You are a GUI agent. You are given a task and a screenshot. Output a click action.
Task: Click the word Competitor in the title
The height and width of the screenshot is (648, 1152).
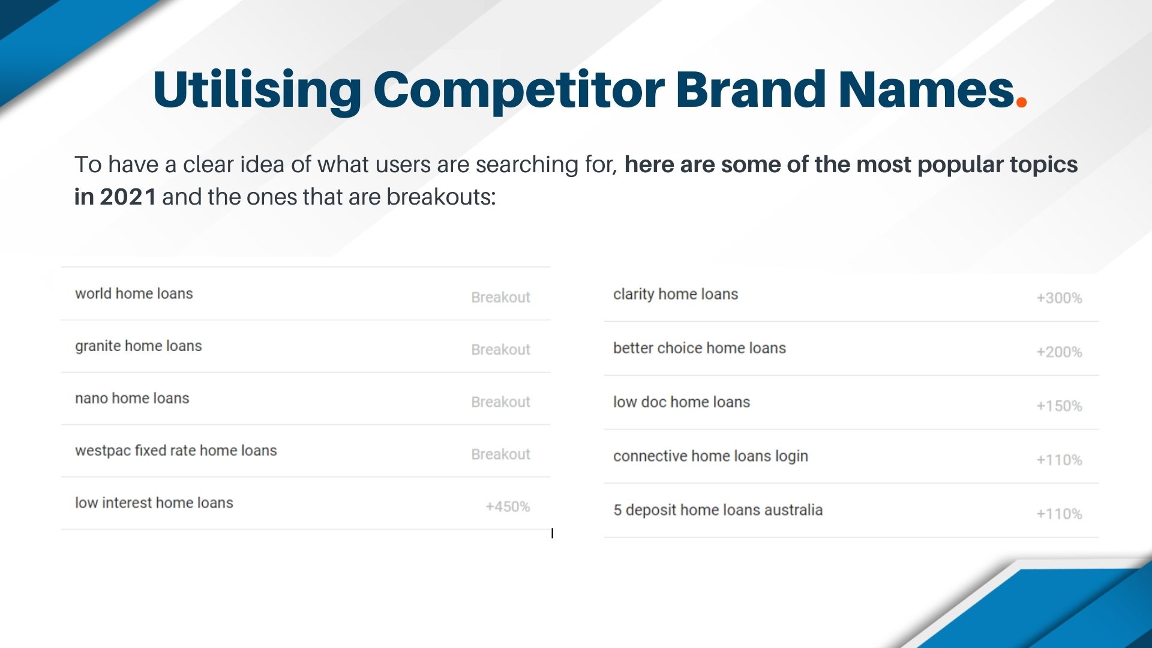point(519,91)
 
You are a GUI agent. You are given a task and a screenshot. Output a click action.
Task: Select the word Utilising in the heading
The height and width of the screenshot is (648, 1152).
point(257,91)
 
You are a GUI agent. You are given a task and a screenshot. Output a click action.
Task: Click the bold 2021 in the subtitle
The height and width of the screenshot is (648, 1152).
point(128,197)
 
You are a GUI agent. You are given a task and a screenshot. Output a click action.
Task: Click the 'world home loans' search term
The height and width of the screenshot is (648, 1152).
point(134,293)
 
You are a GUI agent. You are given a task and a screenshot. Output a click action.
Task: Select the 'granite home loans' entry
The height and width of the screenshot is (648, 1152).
point(139,346)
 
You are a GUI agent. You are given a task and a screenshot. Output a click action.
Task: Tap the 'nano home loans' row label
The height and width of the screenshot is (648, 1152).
point(132,398)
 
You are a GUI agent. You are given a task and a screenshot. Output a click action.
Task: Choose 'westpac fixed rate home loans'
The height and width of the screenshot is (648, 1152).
point(176,451)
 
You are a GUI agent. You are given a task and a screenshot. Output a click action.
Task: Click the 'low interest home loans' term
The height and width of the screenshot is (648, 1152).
point(154,503)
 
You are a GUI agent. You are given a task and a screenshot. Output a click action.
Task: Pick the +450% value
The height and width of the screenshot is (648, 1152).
point(508,507)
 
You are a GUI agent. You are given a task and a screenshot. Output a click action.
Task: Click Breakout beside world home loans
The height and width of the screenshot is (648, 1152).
point(501,298)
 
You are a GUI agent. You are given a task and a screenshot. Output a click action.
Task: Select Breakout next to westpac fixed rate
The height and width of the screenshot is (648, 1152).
point(501,454)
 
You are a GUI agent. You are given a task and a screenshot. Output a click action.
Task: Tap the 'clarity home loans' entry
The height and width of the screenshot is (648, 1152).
point(676,295)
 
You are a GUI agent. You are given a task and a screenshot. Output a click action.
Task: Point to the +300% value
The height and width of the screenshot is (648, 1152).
point(1060,298)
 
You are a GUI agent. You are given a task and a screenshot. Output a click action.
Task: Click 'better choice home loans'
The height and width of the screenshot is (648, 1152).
point(700,348)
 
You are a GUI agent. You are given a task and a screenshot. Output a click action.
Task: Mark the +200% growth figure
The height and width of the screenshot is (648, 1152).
point(1060,352)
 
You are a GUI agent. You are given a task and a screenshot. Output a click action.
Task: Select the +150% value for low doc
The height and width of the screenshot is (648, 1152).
point(1060,406)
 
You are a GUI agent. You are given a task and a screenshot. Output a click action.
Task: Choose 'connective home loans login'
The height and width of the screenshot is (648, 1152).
point(710,457)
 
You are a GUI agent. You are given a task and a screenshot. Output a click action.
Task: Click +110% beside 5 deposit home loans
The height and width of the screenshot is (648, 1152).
point(1060,514)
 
